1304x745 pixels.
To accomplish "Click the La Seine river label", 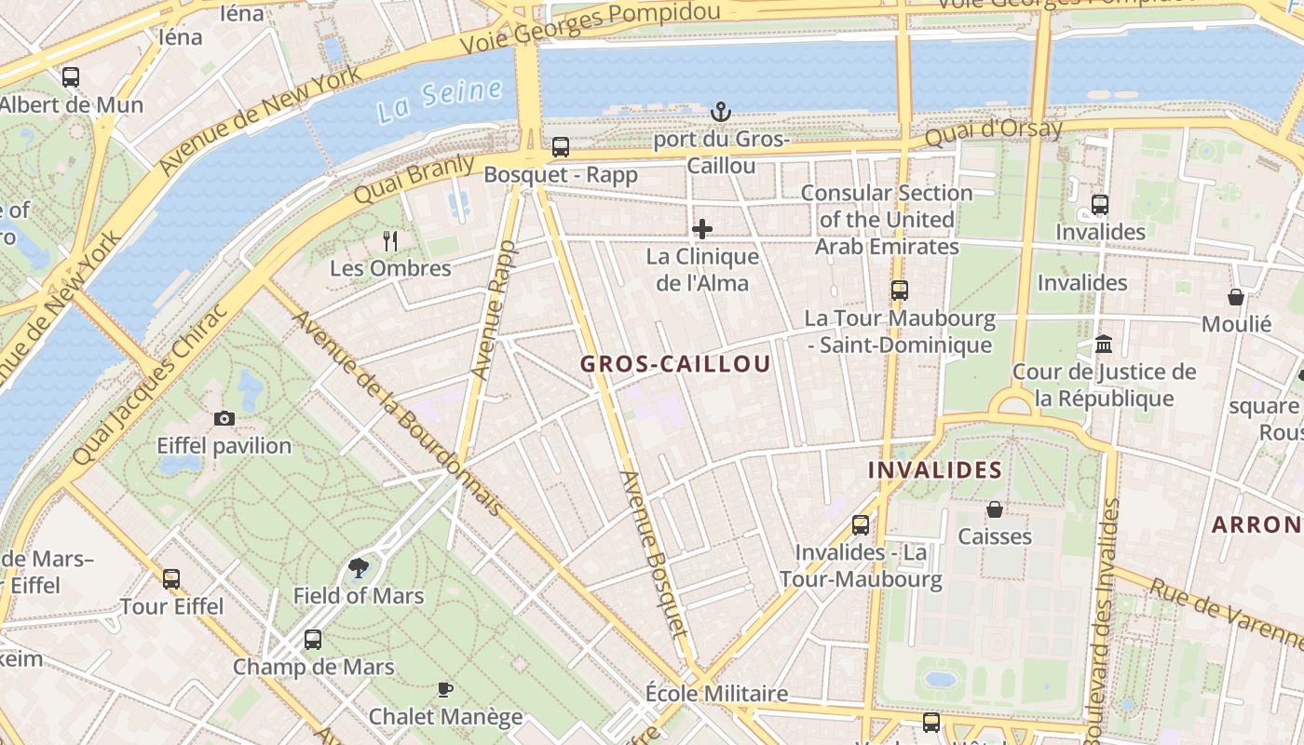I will click(x=440, y=100).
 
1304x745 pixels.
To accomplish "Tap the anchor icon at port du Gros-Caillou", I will click(x=720, y=113).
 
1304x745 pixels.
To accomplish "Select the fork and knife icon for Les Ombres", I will click(x=390, y=241).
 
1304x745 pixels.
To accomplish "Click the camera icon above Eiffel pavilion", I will click(x=224, y=419).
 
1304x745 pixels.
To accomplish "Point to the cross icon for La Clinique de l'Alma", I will click(x=702, y=229).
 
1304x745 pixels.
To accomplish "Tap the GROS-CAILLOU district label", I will click(x=675, y=364).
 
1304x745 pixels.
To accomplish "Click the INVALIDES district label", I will click(x=935, y=470).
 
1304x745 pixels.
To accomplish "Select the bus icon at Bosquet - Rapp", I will click(x=560, y=147).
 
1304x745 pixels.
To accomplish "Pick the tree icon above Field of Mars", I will click(x=358, y=567).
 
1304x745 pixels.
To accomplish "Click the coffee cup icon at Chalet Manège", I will click(x=445, y=690).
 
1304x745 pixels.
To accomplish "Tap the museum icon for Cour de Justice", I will click(x=1104, y=345).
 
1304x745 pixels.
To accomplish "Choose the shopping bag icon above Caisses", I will click(x=995, y=509).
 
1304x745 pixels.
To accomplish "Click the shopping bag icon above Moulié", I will click(x=1236, y=297).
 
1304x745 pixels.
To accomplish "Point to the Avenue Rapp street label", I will click(x=493, y=309).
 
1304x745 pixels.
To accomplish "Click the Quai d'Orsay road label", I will click(x=993, y=132).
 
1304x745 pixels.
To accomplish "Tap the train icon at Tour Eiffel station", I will click(x=171, y=579).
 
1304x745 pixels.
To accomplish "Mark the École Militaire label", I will click(x=716, y=694).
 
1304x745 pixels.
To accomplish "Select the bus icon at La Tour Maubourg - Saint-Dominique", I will click(x=899, y=290).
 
